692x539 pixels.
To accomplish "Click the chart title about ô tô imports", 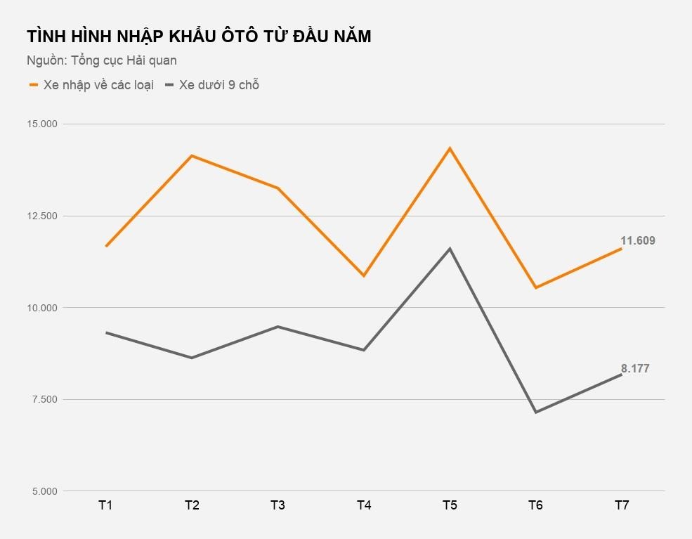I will (199, 37).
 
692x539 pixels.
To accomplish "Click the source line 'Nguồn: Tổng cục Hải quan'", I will (102, 60).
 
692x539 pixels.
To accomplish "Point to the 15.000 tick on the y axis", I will (42, 124).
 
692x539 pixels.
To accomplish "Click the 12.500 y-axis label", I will (42, 216).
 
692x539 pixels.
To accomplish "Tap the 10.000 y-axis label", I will (42, 308).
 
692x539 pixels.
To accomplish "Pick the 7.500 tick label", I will (44, 400).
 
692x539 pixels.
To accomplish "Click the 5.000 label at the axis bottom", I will (44, 491).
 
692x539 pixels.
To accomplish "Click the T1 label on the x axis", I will (106, 505).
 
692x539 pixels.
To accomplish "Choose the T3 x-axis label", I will (278, 505).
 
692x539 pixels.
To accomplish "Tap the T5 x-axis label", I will (450, 505).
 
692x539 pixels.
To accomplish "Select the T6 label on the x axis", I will (535, 505).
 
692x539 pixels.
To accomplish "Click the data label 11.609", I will (637, 241).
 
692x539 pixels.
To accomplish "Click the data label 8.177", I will (635, 368).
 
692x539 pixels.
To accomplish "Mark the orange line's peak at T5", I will (450, 148).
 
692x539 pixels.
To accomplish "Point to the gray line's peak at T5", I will (450, 249).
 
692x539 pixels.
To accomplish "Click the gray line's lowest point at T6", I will (535, 412).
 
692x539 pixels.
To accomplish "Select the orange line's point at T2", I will (192, 155).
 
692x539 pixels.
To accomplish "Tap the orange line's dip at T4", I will (364, 275).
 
